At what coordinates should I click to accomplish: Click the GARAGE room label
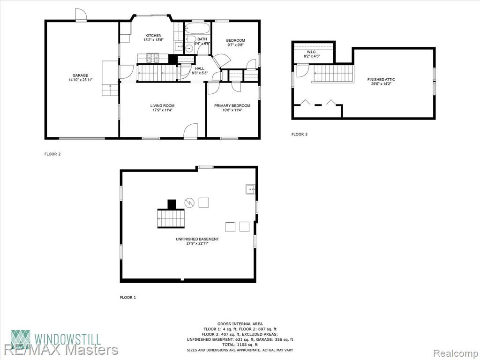(81, 75)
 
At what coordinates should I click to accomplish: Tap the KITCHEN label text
(153, 36)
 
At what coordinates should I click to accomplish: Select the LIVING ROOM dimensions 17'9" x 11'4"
(163, 110)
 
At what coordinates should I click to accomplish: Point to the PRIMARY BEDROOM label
(232, 105)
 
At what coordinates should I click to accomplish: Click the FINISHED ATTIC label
(381, 80)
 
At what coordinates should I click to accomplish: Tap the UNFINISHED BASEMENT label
(197, 239)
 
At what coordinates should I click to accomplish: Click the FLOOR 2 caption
(52, 154)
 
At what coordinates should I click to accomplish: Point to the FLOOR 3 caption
(300, 134)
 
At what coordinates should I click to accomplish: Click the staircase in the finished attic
(333, 74)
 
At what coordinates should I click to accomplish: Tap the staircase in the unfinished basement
(171, 218)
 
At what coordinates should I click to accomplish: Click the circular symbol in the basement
(189, 202)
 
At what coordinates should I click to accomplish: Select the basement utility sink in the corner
(250, 189)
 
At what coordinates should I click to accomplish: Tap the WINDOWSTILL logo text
(67, 339)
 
